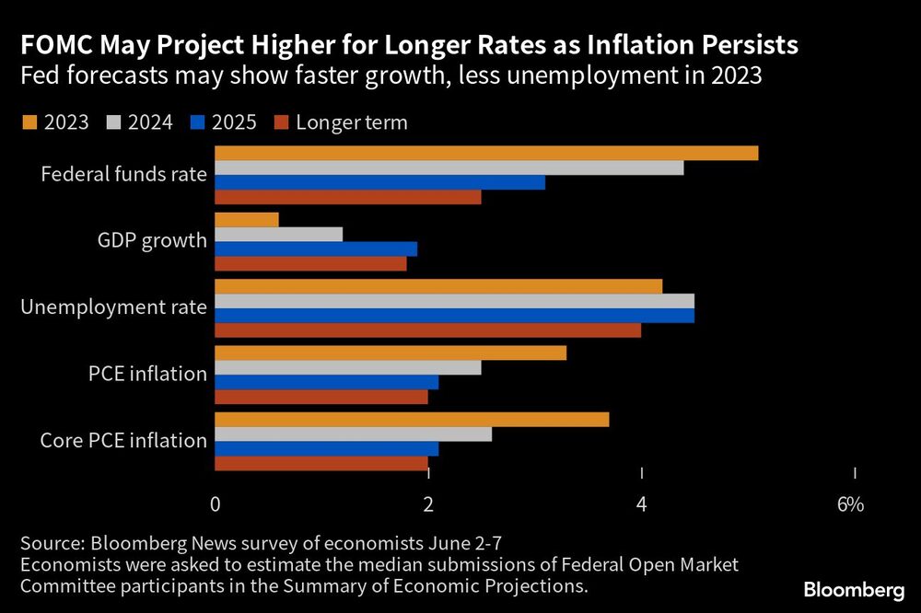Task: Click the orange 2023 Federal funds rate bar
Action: tap(486, 153)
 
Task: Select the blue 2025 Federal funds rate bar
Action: tap(379, 182)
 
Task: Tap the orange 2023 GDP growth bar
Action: tap(247, 219)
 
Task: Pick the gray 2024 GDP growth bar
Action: tap(279, 234)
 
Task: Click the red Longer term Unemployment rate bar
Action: tap(428, 330)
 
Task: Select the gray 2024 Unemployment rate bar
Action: tap(455, 301)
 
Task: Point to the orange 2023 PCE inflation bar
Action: tap(391, 353)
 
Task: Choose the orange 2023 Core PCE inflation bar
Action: tap(412, 420)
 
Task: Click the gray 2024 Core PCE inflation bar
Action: tap(354, 434)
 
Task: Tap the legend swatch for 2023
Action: tap(29, 122)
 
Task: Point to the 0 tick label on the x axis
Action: tap(215, 504)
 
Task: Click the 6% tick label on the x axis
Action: tap(850, 504)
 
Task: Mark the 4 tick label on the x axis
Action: tap(642, 504)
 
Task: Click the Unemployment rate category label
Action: tap(113, 307)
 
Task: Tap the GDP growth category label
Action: tap(152, 241)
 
